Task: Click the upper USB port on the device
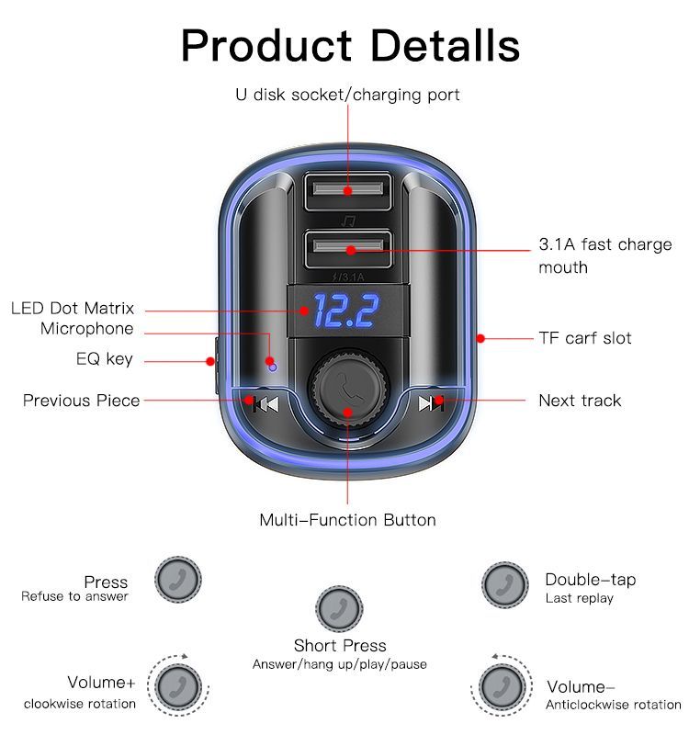[x=348, y=191]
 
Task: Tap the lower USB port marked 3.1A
[x=348, y=248]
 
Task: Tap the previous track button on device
[x=265, y=403]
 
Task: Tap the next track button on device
[x=431, y=403]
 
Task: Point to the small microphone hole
[x=272, y=366]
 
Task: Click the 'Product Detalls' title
[x=350, y=46]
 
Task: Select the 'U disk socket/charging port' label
[x=348, y=95]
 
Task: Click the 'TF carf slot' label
[x=585, y=338]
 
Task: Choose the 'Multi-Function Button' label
[x=347, y=520]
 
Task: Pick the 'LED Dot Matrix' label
[x=73, y=309]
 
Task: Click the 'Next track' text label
[x=580, y=401]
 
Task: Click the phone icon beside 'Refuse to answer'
[x=177, y=580]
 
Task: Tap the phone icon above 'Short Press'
[x=339, y=607]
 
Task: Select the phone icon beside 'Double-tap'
[x=504, y=584]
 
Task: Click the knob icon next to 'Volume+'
[x=177, y=686]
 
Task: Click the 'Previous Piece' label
[x=82, y=401]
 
